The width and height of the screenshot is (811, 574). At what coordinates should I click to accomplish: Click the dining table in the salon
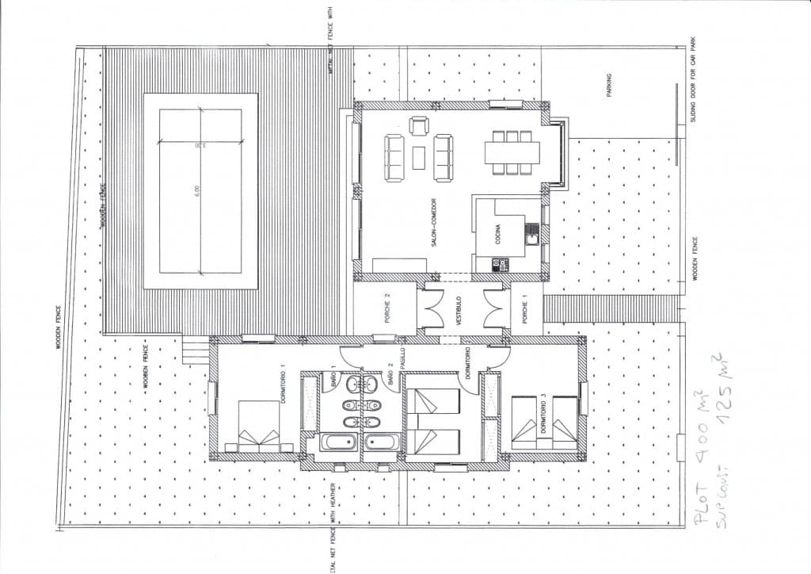[x=512, y=151]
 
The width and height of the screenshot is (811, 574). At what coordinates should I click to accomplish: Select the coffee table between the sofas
[x=418, y=158]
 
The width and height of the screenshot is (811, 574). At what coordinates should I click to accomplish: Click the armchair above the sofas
[x=418, y=125]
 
